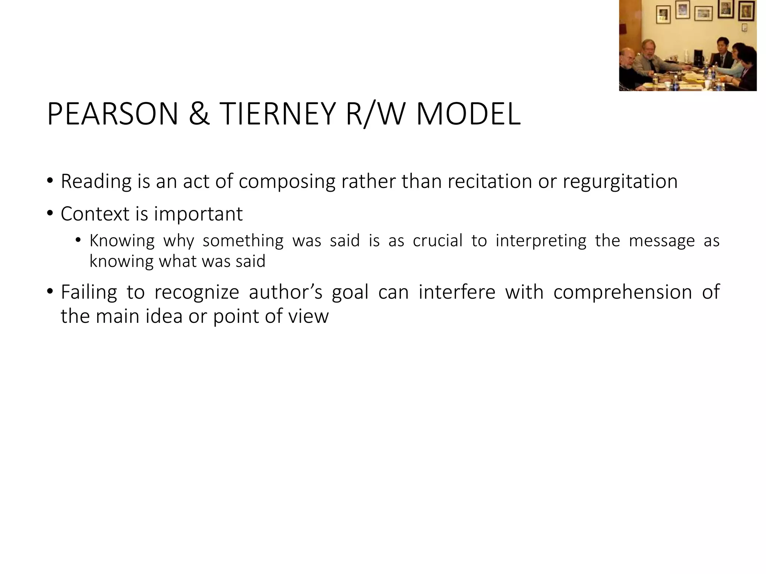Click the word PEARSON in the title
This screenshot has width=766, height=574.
(113, 114)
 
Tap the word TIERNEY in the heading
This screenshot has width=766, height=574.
(277, 114)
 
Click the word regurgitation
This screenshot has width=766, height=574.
(620, 182)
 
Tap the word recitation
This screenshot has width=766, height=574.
(489, 181)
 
